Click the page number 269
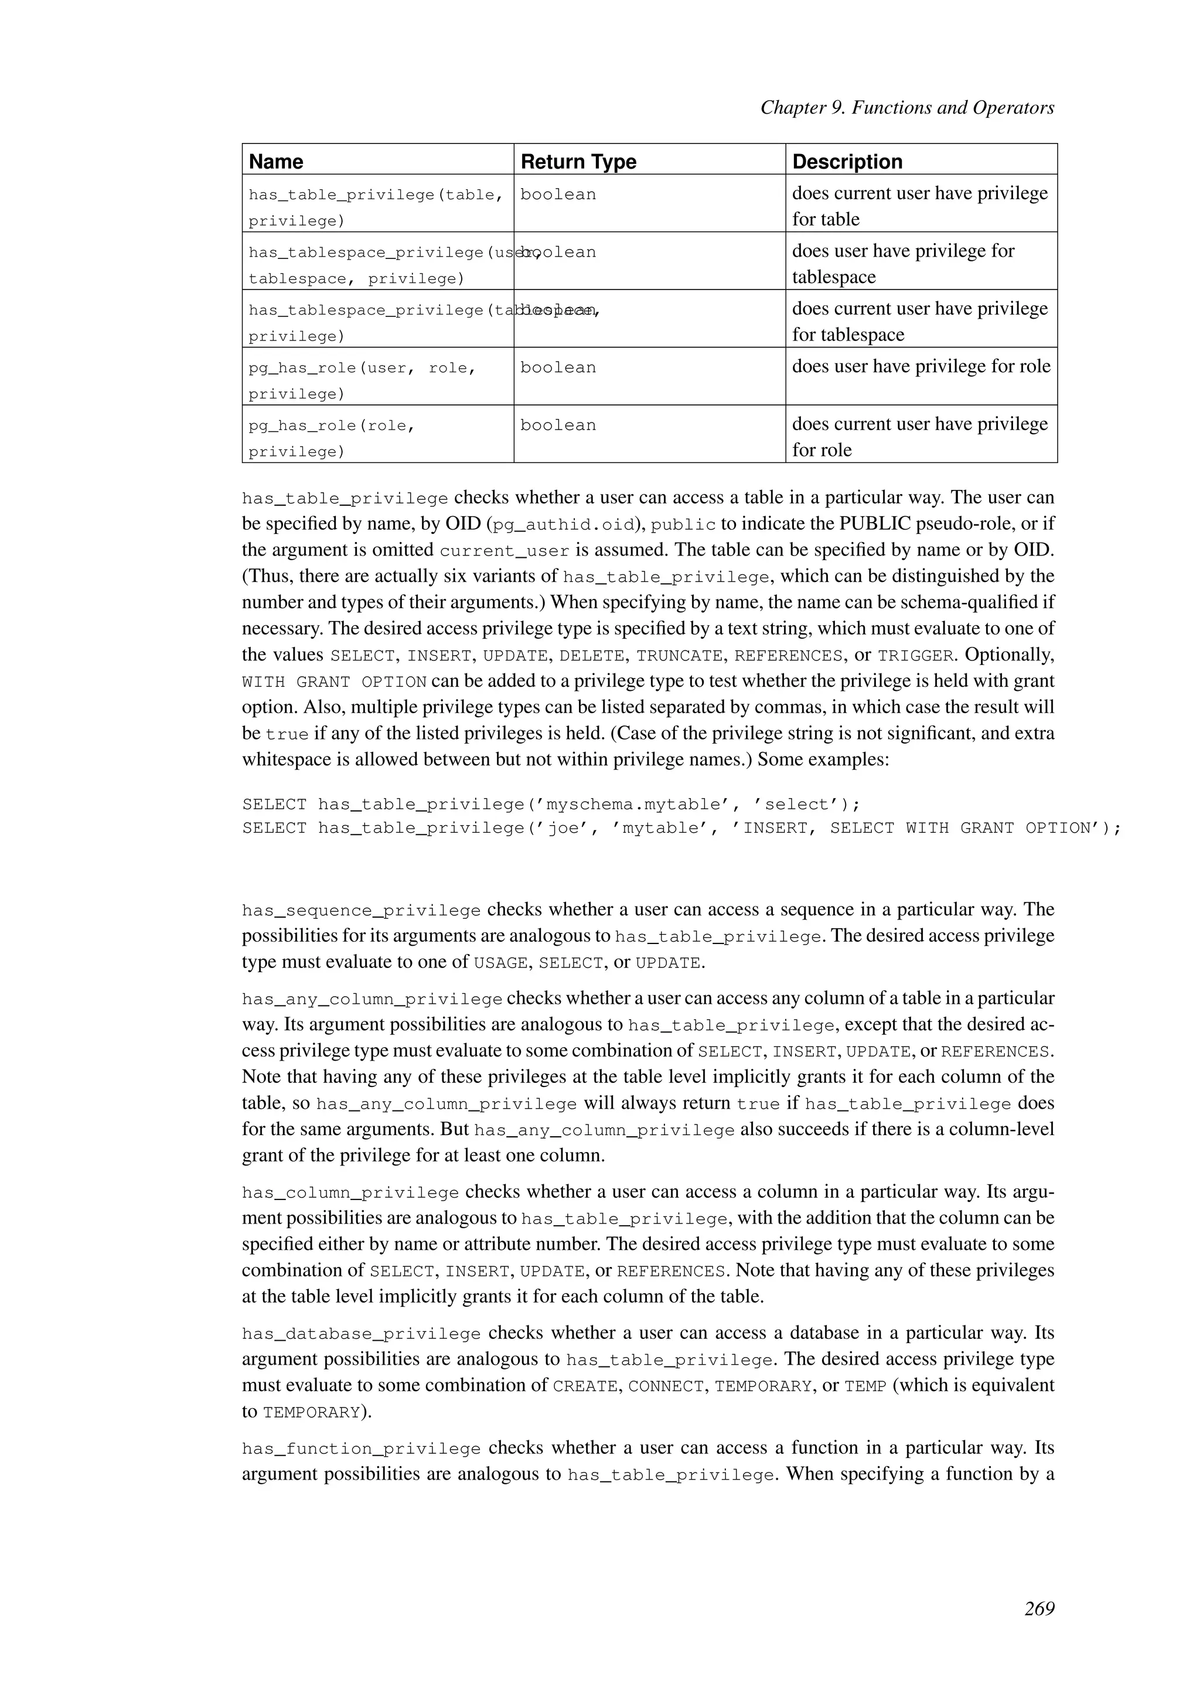click(x=1039, y=1609)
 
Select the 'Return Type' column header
click(x=578, y=161)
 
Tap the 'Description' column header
click(x=847, y=161)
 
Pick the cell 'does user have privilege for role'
click(x=921, y=367)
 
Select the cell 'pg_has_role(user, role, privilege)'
click(x=362, y=380)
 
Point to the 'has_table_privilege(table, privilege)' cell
click(x=376, y=207)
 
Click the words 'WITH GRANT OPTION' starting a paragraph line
click(x=334, y=682)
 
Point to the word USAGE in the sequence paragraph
click(x=500, y=964)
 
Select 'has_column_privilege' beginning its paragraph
click(x=350, y=1193)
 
